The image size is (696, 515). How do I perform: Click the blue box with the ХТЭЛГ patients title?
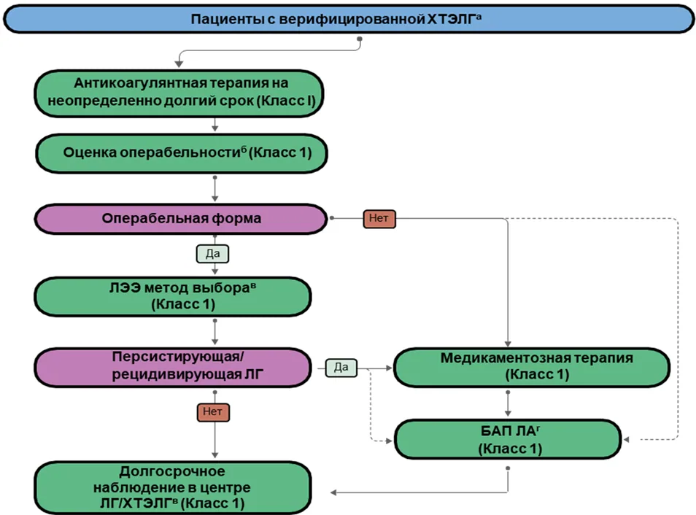coord(349,19)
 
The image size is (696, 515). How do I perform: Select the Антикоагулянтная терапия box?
coord(179,93)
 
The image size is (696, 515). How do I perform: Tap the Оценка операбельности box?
coord(182,153)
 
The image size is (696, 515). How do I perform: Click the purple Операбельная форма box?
coord(181,219)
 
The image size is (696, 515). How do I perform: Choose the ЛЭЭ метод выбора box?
coord(173,297)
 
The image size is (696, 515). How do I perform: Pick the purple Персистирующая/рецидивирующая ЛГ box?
coord(173,368)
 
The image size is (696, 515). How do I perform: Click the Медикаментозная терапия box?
coord(532,367)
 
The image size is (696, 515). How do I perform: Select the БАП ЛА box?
coord(508,439)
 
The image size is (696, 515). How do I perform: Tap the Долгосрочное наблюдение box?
coord(173,487)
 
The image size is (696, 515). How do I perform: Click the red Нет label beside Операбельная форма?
coord(379,218)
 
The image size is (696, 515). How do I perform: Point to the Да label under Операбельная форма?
coord(212,254)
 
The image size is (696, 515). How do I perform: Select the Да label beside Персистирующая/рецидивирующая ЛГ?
coord(341,368)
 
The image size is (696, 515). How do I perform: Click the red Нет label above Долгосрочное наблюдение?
coord(213,412)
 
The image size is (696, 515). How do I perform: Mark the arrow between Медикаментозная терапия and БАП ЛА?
coord(508,404)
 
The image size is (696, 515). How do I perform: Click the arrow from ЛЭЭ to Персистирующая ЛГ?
coord(214,332)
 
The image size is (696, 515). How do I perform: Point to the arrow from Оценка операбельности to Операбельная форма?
coord(214,189)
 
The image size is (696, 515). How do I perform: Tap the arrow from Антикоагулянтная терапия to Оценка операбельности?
coord(214,125)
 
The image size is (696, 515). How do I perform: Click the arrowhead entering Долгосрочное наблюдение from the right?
coord(333,492)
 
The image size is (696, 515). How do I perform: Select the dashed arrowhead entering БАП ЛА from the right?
coord(626,440)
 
